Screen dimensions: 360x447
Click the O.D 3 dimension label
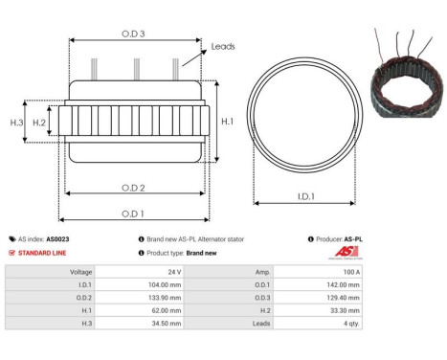tap(134, 34)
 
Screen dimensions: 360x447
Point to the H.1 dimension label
tap(228, 122)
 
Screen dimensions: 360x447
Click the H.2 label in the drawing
tap(39, 123)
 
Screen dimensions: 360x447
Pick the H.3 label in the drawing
tap(16, 123)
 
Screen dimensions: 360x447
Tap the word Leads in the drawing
tap(223, 46)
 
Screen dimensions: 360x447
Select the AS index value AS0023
tap(58, 239)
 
